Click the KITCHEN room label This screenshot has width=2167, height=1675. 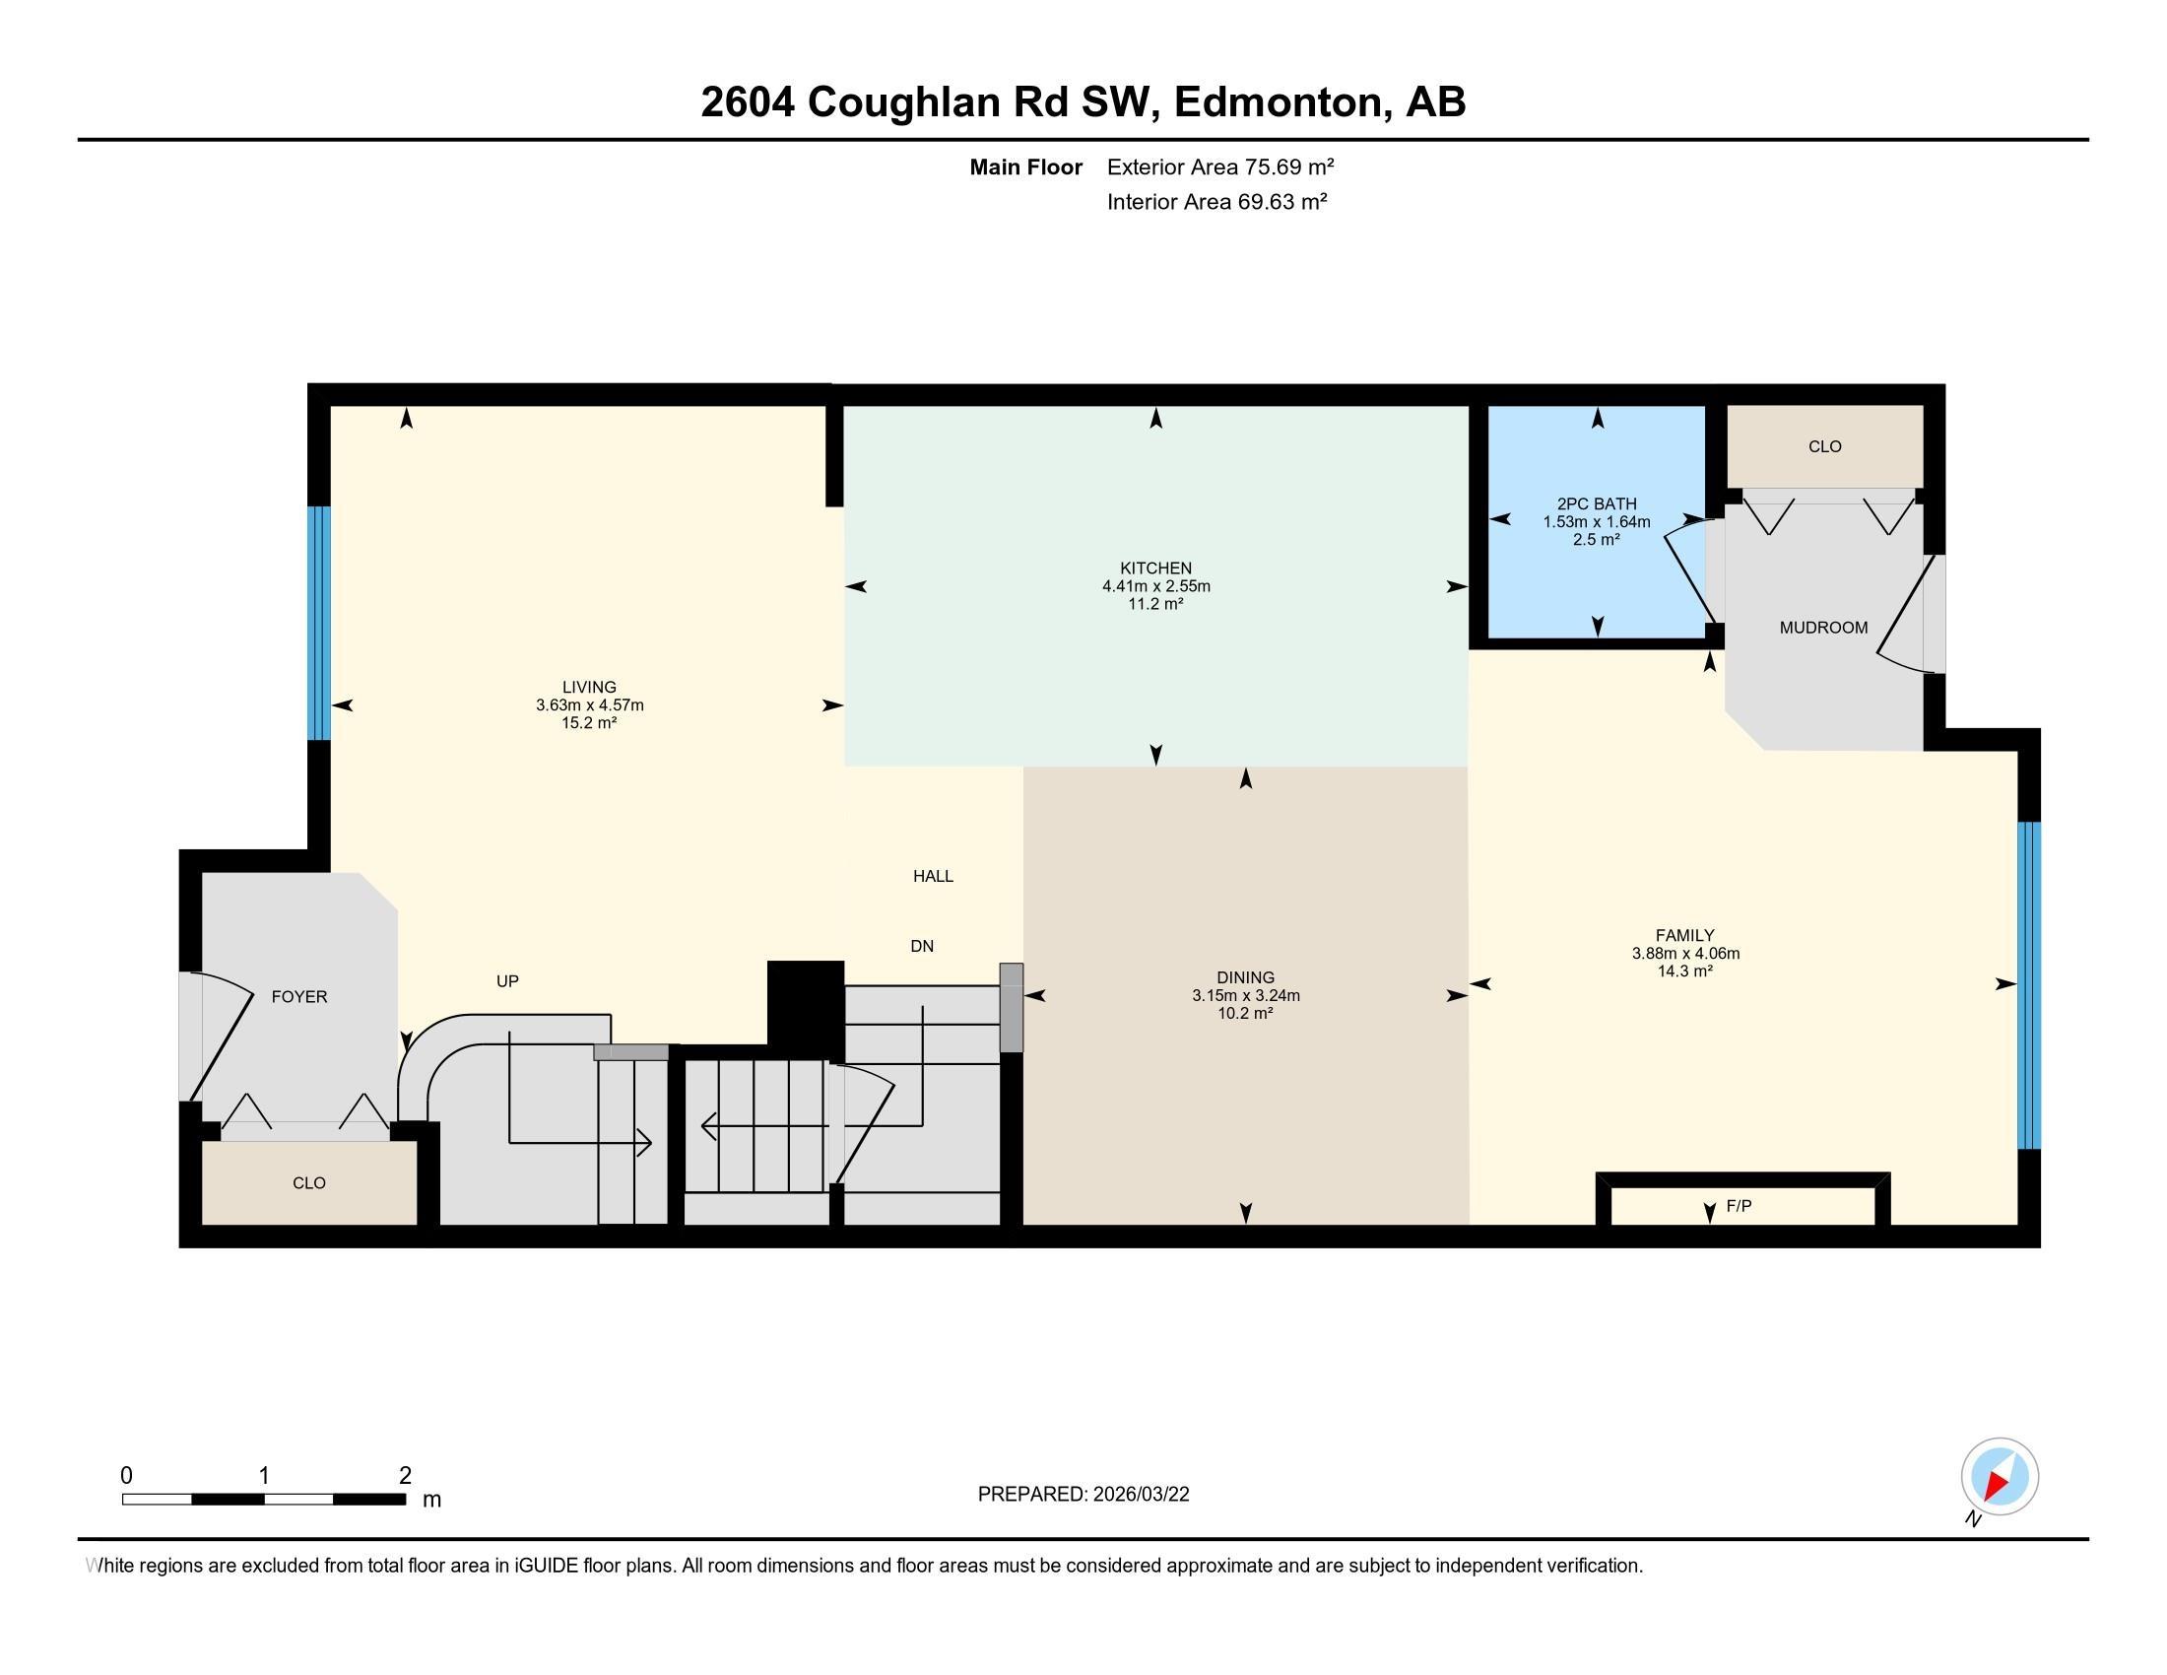tap(1155, 569)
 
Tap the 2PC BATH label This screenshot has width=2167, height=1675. tap(1597, 504)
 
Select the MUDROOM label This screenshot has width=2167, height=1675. tap(1822, 627)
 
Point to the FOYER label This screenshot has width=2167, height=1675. tap(298, 996)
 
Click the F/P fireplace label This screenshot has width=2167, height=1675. tap(1739, 1206)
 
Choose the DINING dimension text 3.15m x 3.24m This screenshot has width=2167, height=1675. tap(1245, 995)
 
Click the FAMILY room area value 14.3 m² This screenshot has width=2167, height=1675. tap(1684, 971)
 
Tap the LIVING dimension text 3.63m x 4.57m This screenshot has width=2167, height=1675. tap(589, 705)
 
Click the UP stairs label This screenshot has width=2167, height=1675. tap(507, 981)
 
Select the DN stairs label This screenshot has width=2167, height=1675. tap(922, 947)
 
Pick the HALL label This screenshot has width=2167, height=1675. tap(933, 876)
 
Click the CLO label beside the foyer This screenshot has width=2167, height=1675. tap(308, 1182)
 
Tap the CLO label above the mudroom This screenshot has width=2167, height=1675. tap(1823, 446)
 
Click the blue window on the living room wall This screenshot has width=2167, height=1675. tap(318, 623)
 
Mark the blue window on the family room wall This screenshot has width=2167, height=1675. tap(2029, 984)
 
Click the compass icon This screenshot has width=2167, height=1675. tap(1999, 1477)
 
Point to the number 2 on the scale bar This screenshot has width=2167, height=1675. tap(405, 1476)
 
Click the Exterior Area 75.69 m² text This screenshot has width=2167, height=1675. tap(1219, 167)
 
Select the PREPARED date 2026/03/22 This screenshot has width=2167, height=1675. tap(1140, 1495)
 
